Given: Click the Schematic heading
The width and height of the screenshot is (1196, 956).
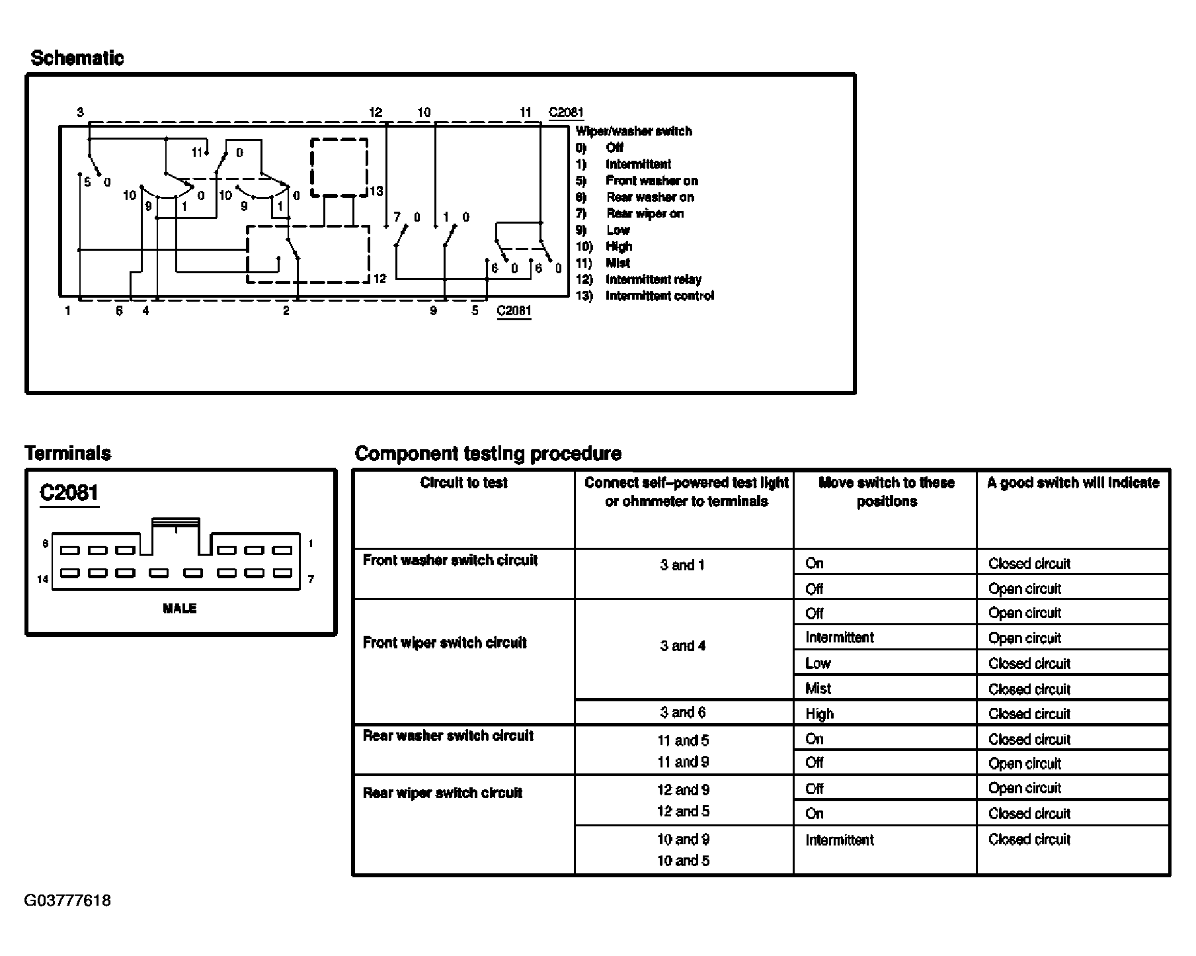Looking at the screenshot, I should (x=77, y=58).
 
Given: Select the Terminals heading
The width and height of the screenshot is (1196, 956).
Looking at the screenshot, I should (x=67, y=454).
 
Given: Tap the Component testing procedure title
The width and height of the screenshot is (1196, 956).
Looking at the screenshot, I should (x=488, y=454).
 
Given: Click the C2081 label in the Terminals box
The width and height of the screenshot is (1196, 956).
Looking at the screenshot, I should (x=69, y=493).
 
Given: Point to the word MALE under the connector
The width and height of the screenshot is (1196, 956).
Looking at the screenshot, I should (x=180, y=609).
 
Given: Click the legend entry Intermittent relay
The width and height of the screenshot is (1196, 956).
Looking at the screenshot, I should (x=653, y=279).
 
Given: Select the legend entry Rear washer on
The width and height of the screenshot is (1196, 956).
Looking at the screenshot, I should (x=650, y=197).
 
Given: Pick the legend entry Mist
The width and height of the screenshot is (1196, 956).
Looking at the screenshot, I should (x=618, y=263).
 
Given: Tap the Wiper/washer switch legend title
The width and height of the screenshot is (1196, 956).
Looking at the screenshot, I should (x=633, y=131).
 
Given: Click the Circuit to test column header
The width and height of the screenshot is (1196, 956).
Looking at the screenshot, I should (x=463, y=483).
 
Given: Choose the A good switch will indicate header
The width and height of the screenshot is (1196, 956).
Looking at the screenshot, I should (x=1073, y=483).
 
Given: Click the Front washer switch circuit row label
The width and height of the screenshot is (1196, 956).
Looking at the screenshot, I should (x=450, y=560).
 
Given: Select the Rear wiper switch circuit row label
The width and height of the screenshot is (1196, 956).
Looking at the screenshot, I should (x=442, y=793).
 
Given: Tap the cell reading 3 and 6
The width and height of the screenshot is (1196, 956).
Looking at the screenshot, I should (x=683, y=713).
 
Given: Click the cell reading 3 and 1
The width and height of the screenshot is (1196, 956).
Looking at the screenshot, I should (x=683, y=565).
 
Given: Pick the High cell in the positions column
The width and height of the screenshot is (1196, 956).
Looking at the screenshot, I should (x=819, y=714).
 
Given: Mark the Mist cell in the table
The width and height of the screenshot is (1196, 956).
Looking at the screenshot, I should (x=818, y=689).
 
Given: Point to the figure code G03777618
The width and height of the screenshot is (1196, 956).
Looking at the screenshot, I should (x=67, y=900).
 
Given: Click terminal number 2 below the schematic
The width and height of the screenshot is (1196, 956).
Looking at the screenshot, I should (x=286, y=310).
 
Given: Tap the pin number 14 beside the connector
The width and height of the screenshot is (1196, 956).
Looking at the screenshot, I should (x=42, y=579).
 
